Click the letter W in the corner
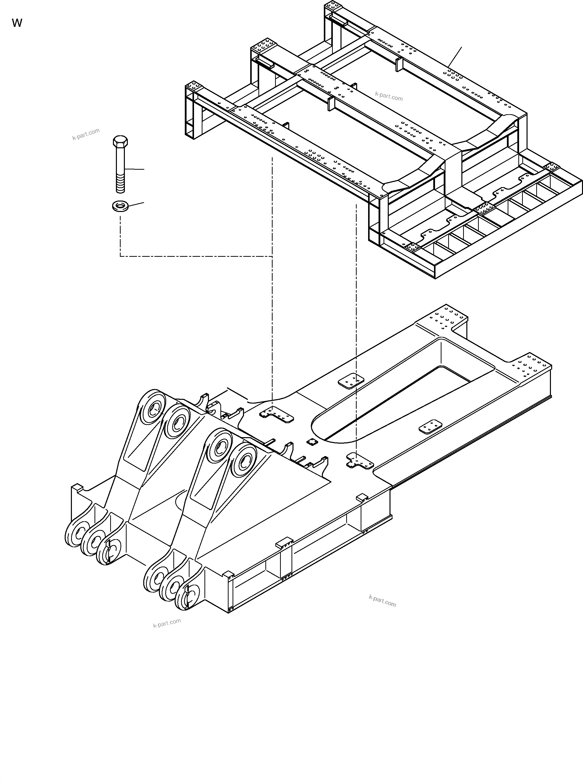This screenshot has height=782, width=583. pyautogui.click(x=17, y=23)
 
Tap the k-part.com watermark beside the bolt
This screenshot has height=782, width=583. pyautogui.click(x=86, y=134)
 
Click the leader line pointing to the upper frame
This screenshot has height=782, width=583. pyautogui.click(x=455, y=56)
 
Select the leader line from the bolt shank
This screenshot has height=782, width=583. pyautogui.click(x=134, y=169)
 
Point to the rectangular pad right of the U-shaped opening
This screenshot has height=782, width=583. pyautogui.click(x=431, y=427)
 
